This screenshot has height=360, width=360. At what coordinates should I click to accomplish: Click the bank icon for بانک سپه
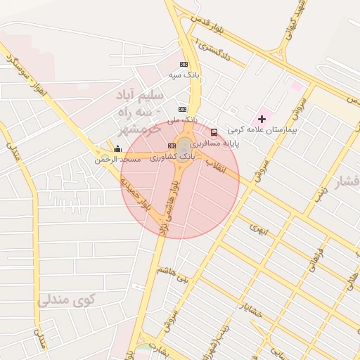coord(184,64)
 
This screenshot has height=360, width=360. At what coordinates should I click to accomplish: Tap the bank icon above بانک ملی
coord(182,110)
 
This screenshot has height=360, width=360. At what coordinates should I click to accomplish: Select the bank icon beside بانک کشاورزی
coord(172,146)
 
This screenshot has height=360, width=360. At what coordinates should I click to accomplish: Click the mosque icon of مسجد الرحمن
coord(117,149)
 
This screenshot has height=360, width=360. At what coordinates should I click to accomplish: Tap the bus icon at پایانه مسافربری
coord(214,132)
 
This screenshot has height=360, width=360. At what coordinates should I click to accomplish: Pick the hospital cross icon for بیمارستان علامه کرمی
coord(262,119)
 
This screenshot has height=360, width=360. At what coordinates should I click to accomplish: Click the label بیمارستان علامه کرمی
coord(266,130)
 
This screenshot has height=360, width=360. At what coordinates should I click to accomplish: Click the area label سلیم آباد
coord(140,96)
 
